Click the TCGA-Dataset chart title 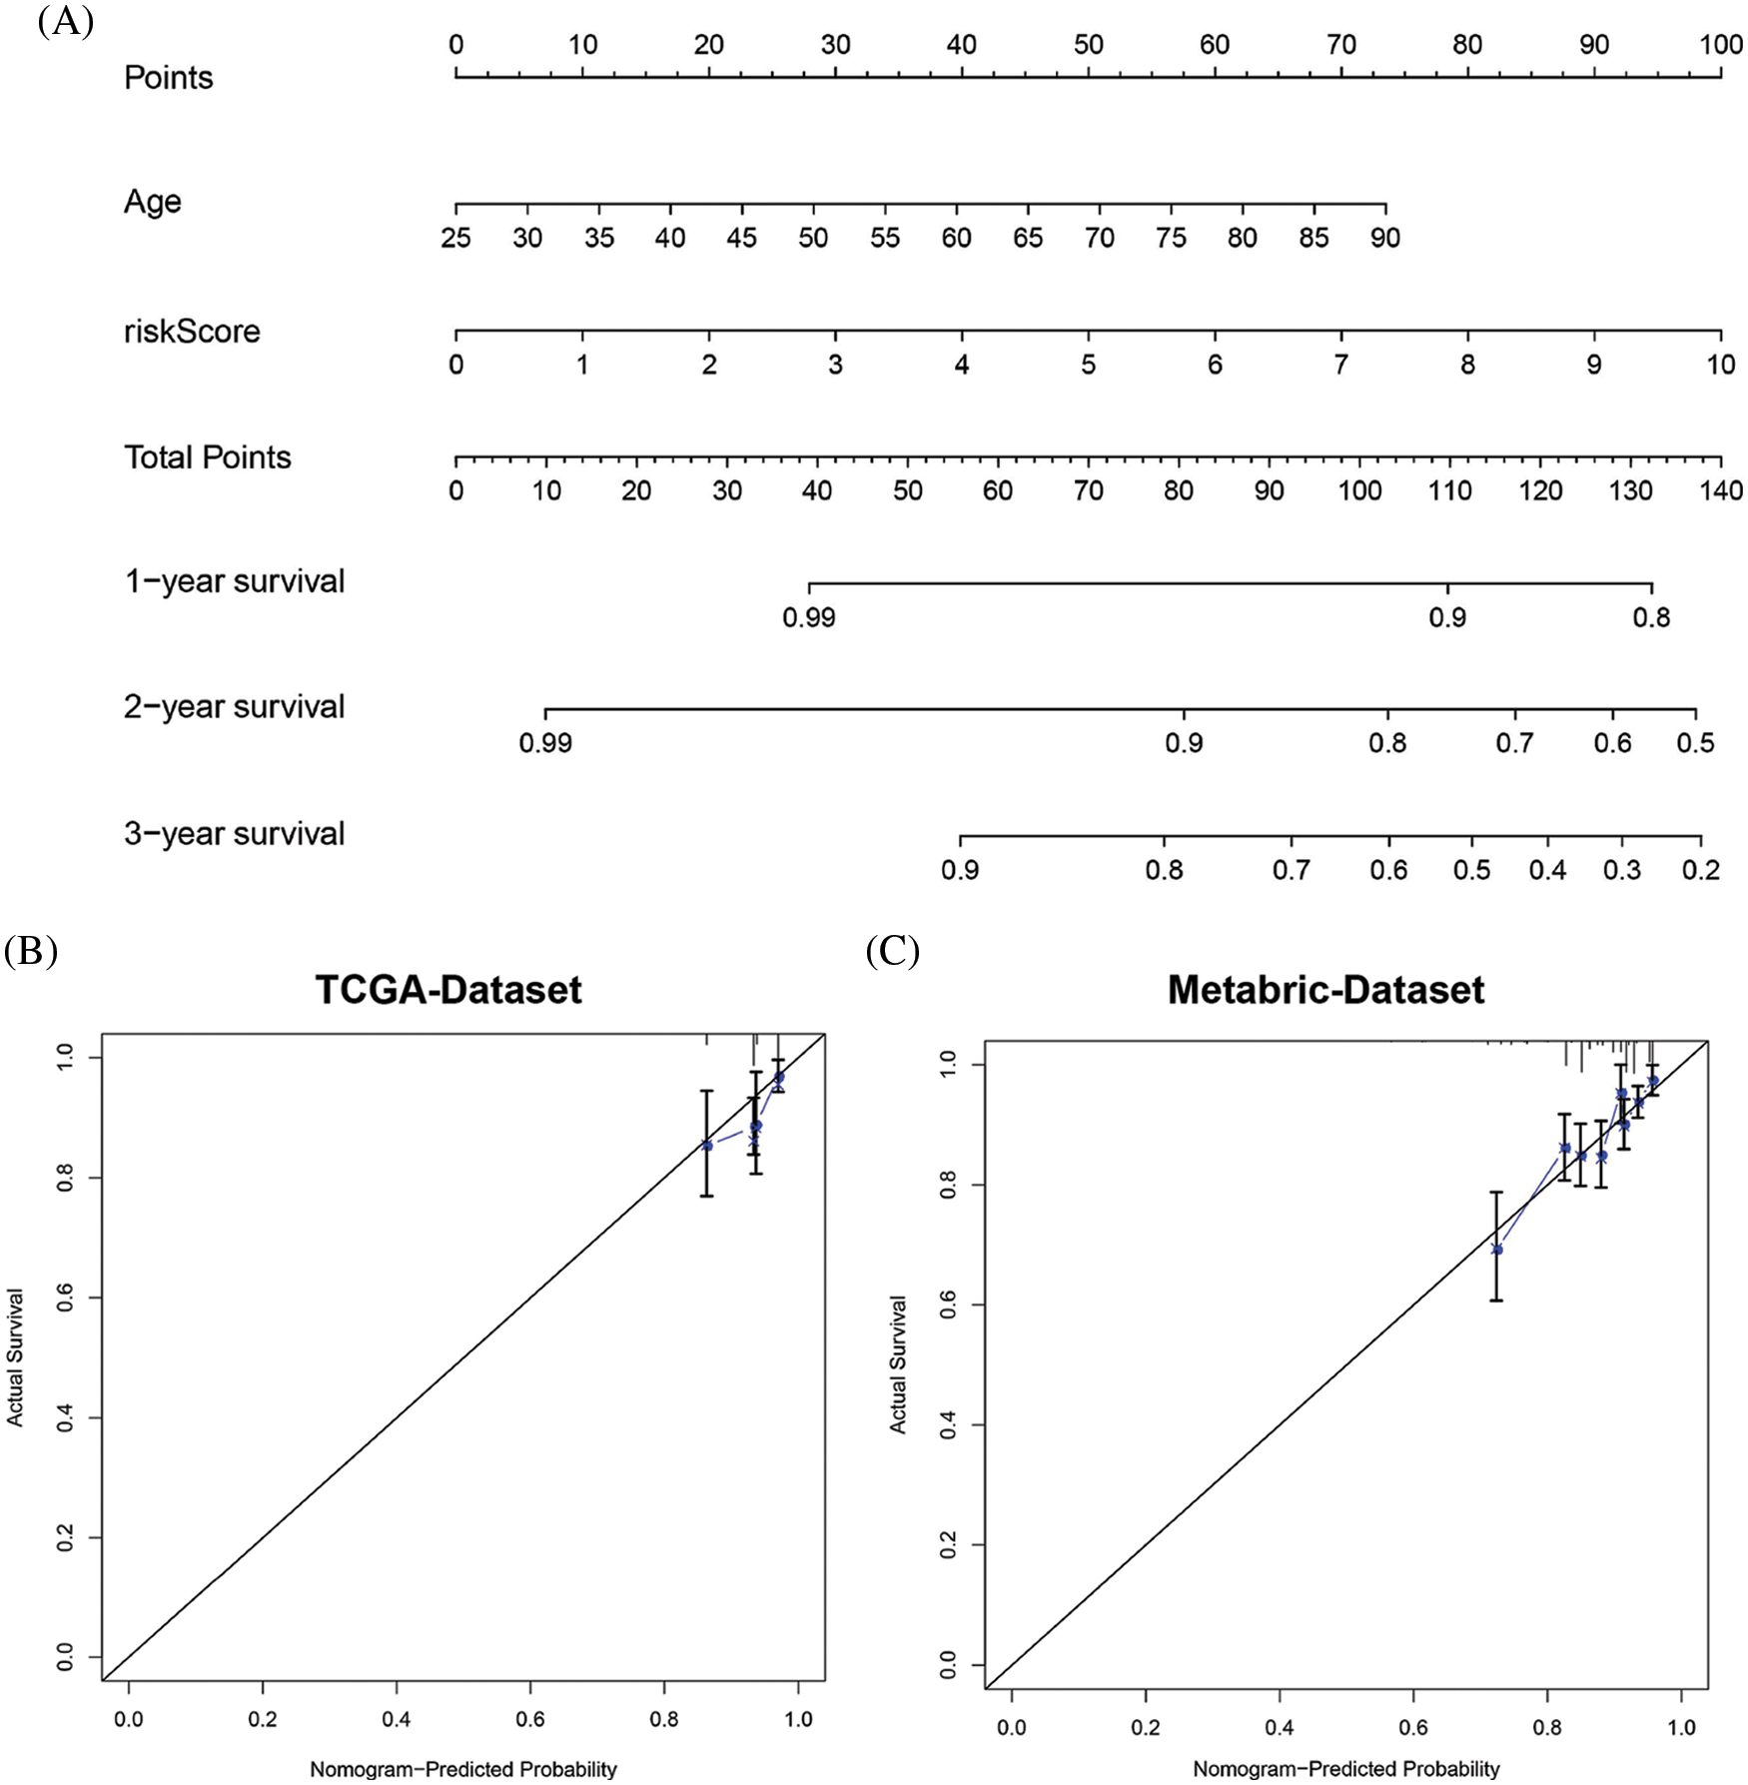point(448,990)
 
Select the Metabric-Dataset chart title point(1325,990)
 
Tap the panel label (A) point(65,21)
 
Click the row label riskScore point(192,332)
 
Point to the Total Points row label point(208,457)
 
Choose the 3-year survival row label point(234,834)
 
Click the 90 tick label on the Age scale point(1385,238)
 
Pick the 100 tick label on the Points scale point(1720,45)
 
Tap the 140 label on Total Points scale point(1721,490)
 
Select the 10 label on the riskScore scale point(1720,365)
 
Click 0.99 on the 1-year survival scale point(809,617)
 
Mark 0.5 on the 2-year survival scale point(1696,743)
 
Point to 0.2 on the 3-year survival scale point(1701,870)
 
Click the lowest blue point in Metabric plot point(1496,1249)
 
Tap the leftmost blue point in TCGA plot point(707,1146)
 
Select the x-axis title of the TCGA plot point(463,1769)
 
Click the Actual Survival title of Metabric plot point(898,1364)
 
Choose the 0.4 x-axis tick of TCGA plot point(397,1719)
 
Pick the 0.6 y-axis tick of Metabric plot point(949,1305)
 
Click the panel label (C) point(892,952)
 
